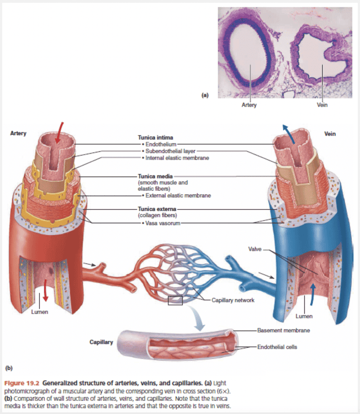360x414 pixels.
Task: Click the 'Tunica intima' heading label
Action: coord(155,137)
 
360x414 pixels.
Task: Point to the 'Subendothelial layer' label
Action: coord(170,151)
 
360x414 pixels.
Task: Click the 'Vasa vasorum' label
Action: coord(163,223)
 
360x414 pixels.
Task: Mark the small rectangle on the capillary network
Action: coord(175,300)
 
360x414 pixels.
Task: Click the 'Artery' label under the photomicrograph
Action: coord(249,105)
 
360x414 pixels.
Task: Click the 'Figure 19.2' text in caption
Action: coord(22,382)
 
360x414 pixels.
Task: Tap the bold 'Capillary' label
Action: coord(101,342)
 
